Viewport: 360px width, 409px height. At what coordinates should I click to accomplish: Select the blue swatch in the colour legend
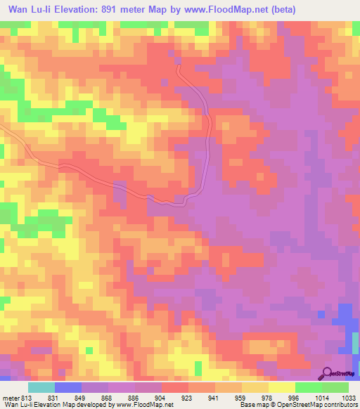pyautogui.click(x=67, y=387)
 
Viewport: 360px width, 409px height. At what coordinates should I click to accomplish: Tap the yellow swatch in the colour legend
pyautogui.click(x=281, y=387)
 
